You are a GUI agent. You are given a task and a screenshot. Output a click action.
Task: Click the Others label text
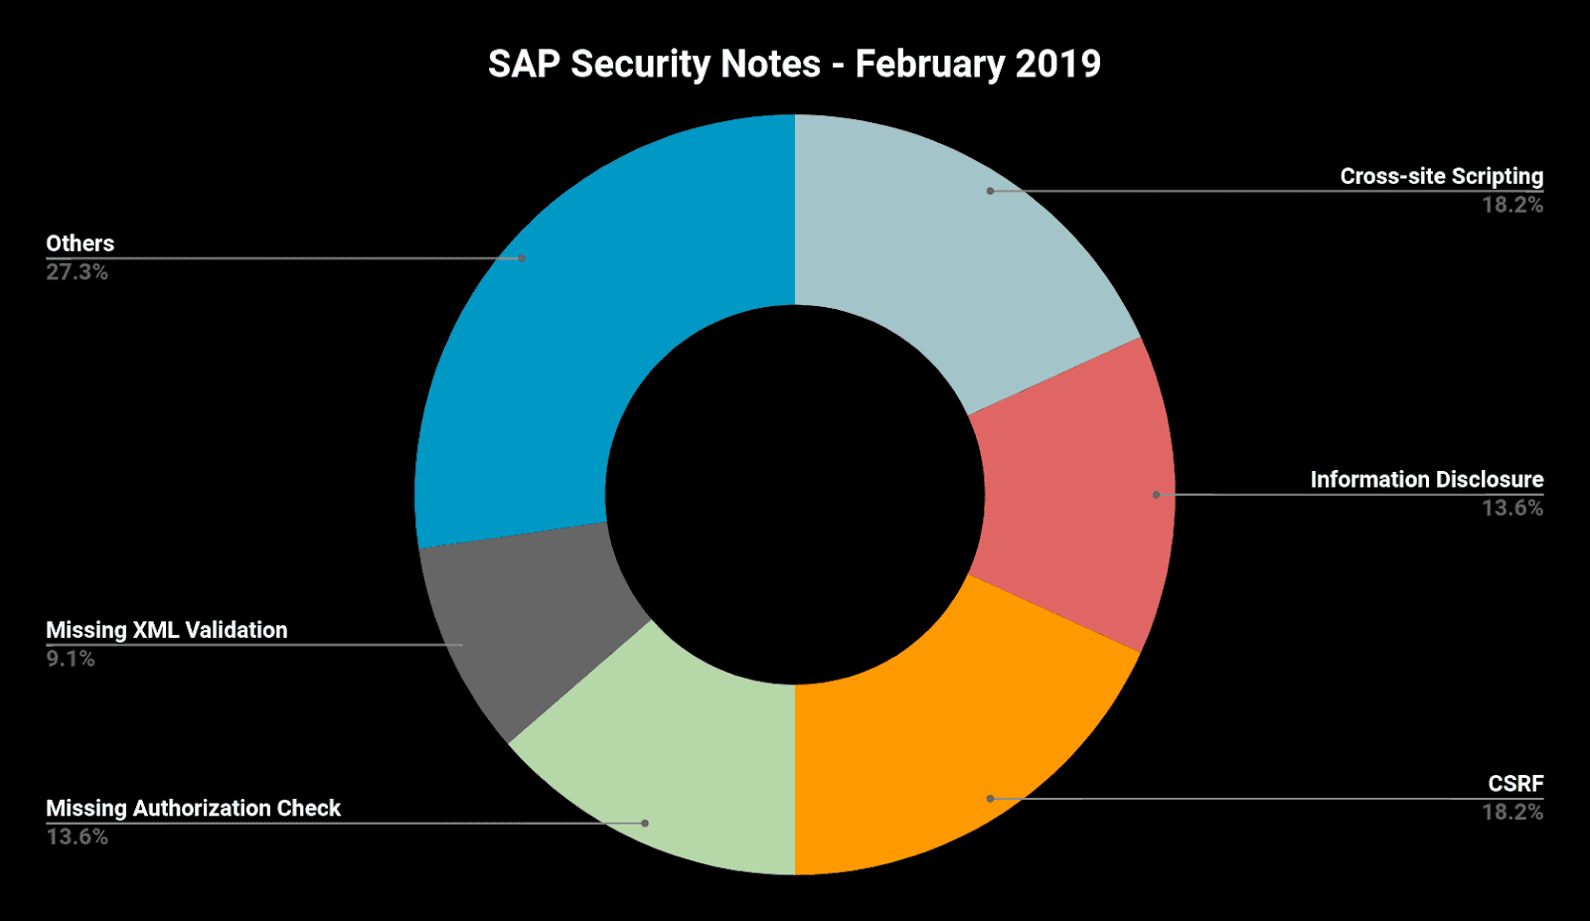(x=80, y=243)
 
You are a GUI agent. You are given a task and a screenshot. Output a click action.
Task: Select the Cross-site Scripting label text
(x=1441, y=177)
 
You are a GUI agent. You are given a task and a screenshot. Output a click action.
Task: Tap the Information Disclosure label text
(x=1426, y=480)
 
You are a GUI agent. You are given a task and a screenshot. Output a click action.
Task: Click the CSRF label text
(x=1515, y=784)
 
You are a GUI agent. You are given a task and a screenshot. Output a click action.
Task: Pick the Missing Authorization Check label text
(x=193, y=809)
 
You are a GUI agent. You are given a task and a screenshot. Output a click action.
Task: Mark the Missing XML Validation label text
(x=167, y=630)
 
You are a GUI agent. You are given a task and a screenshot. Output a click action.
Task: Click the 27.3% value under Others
(x=77, y=272)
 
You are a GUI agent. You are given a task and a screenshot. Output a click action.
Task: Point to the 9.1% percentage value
(x=71, y=659)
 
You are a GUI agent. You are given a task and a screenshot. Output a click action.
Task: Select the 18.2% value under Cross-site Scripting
(x=1512, y=205)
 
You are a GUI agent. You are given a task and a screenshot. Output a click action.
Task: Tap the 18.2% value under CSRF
(x=1512, y=812)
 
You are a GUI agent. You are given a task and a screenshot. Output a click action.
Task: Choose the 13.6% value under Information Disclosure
(x=1512, y=508)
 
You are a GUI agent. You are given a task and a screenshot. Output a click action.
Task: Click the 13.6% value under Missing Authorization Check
(x=77, y=837)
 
